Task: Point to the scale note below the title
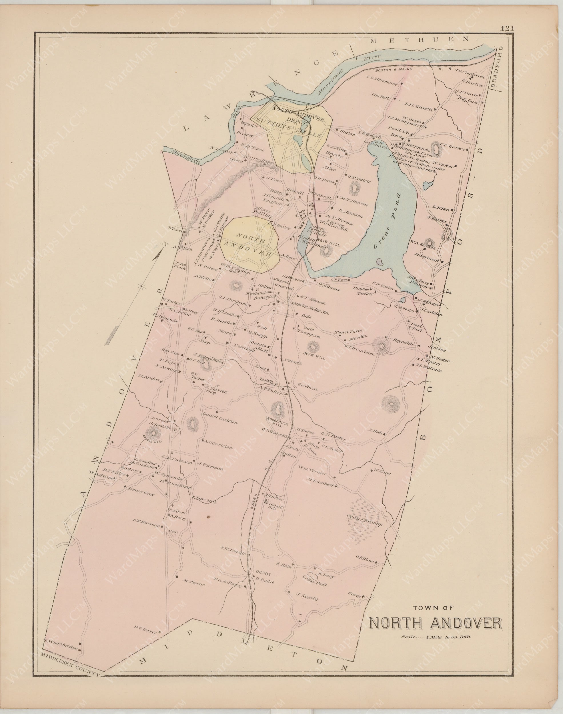pos(436,646)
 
